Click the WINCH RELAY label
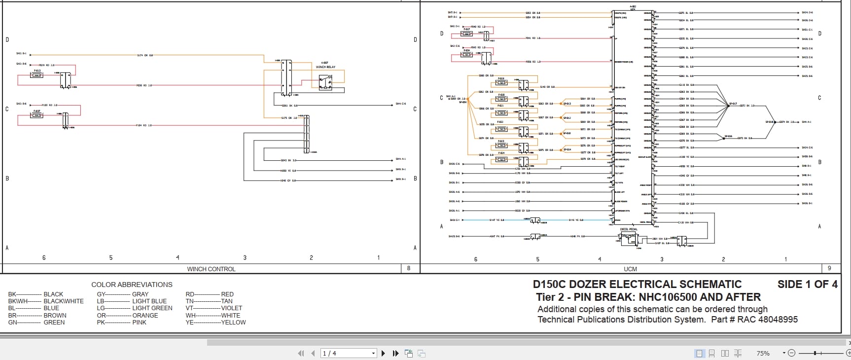[x=325, y=67]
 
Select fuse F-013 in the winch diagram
[x=37, y=75]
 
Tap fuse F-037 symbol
[x=37, y=115]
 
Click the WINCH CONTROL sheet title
[x=211, y=269]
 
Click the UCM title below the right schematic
[x=630, y=269]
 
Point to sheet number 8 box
[x=408, y=268]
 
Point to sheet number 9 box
[x=829, y=268]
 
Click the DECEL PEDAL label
[x=629, y=229]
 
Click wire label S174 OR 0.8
[x=145, y=55]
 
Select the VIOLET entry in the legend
[x=231, y=308]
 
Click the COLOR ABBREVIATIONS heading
[x=132, y=285]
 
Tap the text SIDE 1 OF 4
[x=807, y=284]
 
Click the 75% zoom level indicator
[x=763, y=353]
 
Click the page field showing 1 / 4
[x=348, y=353]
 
